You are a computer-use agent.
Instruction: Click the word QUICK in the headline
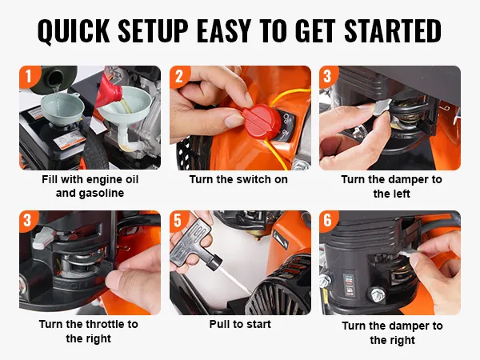tap(74, 31)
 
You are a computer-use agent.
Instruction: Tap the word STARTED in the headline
tap(393, 31)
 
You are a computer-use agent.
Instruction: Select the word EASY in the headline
tap(224, 31)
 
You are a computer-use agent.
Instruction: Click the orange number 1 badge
tap(30, 76)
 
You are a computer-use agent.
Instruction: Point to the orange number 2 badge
tap(180, 76)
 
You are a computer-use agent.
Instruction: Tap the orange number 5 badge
tap(178, 221)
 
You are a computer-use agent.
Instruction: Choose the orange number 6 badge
tap(328, 221)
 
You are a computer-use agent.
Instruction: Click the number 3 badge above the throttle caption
tap(28, 221)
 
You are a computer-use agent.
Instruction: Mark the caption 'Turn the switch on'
tap(238, 179)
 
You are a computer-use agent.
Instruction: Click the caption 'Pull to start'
tap(240, 324)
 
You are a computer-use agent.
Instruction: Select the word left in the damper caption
tap(401, 194)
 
